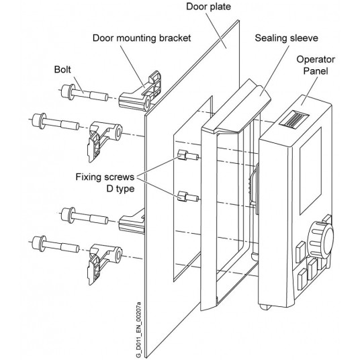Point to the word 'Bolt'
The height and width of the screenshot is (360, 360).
pos(64,69)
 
